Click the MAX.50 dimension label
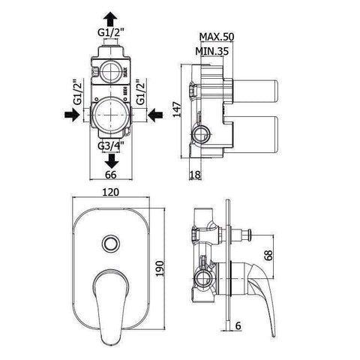click(x=217, y=37)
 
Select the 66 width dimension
click(x=111, y=174)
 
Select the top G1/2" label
click(x=112, y=32)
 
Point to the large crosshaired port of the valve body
click(x=112, y=114)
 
